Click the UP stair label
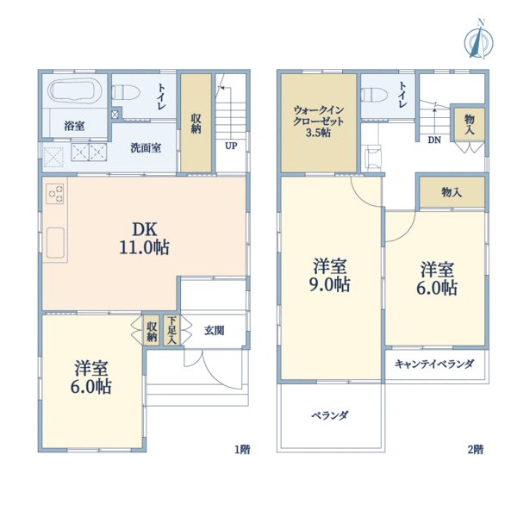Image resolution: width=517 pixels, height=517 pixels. (x=230, y=146)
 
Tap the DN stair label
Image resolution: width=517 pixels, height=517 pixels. (x=434, y=140)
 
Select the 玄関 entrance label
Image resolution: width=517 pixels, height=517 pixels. (x=215, y=329)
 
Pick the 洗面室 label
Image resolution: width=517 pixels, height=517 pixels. (x=146, y=147)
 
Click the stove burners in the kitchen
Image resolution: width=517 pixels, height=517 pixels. (x=54, y=193)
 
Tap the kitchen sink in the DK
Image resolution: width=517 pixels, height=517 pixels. (x=55, y=242)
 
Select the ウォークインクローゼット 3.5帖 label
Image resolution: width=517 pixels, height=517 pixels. (x=318, y=121)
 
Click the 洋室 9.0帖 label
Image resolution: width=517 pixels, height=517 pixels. (x=330, y=274)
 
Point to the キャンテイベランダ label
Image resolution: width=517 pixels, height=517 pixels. (x=434, y=364)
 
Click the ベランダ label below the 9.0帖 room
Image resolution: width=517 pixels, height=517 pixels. (x=329, y=415)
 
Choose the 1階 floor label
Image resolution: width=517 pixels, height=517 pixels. (x=242, y=449)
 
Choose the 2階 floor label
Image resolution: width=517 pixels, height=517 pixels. (x=475, y=449)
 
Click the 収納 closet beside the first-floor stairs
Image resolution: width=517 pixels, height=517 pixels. (x=196, y=122)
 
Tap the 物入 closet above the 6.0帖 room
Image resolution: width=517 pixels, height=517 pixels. (x=451, y=191)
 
